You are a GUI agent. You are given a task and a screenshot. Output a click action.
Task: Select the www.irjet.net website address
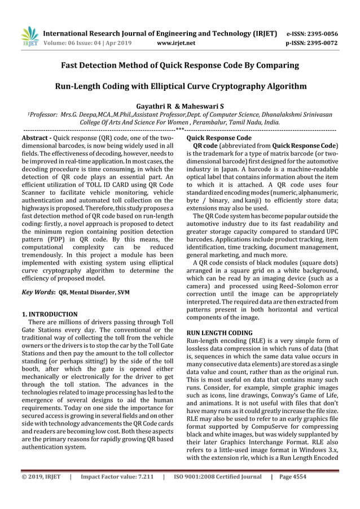[x=177, y=42]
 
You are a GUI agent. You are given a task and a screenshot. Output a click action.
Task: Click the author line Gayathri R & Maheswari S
[x=180, y=106]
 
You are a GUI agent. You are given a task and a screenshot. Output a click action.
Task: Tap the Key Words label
[x=36, y=292]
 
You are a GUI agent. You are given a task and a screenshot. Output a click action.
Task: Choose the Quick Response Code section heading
[x=219, y=138]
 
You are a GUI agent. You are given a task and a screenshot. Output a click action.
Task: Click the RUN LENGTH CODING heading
[x=219, y=334]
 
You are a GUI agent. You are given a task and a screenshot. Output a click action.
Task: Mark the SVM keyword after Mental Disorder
[x=124, y=292]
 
